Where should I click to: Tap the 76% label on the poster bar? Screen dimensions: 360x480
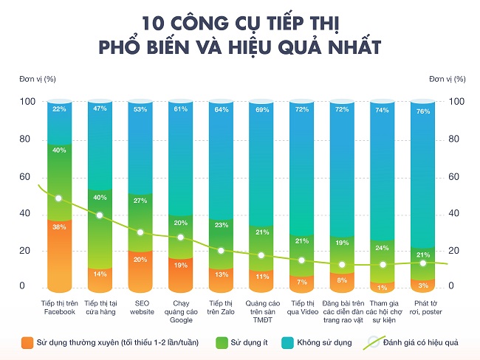coord(422,112)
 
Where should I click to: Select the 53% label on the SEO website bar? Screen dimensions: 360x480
coord(140,109)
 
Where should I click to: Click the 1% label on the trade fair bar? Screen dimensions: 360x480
coord(382,288)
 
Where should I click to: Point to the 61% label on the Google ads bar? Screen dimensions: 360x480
coord(180,109)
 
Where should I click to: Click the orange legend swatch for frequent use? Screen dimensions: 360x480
coord(28,342)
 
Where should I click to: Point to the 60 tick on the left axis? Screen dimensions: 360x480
coord(27,177)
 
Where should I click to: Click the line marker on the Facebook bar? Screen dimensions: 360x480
coord(58,198)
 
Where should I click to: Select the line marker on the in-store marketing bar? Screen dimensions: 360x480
coord(99,215)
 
